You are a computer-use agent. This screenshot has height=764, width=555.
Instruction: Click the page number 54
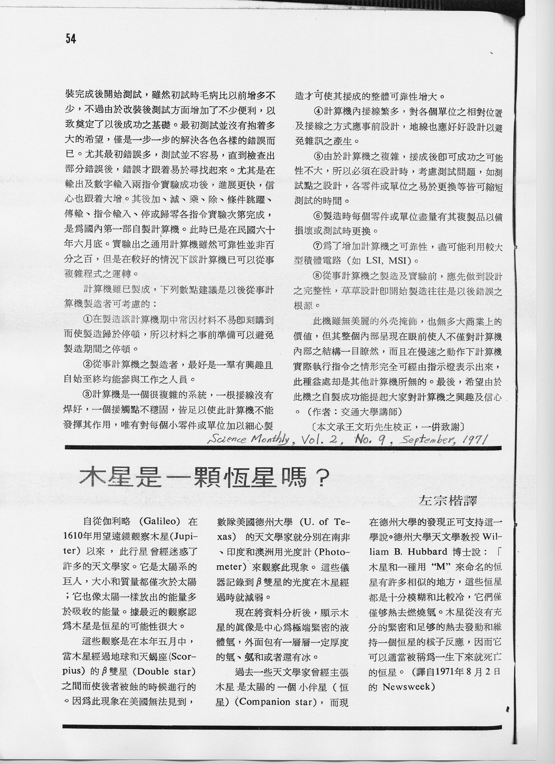(71, 39)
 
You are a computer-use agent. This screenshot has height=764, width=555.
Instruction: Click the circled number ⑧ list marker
(318, 276)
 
